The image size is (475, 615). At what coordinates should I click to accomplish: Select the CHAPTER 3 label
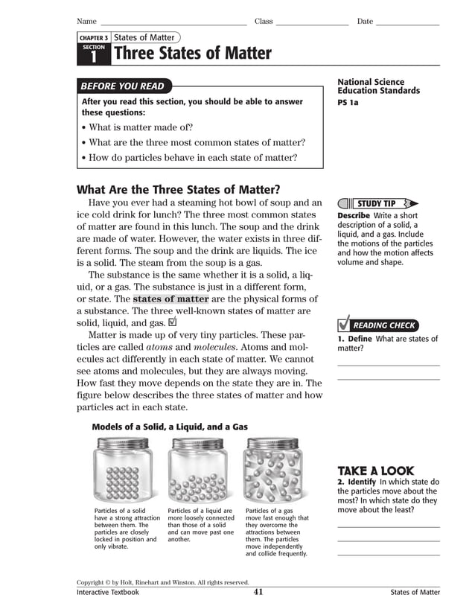pyautogui.click(x=94, y=37)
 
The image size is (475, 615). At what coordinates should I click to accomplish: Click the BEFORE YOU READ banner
pyautogui.click(x=123, y=86)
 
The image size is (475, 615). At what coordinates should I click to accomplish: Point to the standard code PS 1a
pyautogui.click(x=348, y=103)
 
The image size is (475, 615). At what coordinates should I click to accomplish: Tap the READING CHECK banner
pyautogui.click(x=377, y=325)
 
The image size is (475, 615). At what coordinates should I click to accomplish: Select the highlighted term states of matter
pyautogui.click(x=170, y=299)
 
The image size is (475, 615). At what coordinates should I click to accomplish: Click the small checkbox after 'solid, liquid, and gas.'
pyautogui.click(x=173, y=322)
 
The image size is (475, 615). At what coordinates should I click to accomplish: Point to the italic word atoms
pyautogui.click(x=159, y=347)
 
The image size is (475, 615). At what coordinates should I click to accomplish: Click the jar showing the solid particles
pyautogui.click(x=122, y=471)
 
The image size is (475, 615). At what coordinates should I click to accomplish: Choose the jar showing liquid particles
pyautogui.click(x=197, y=471)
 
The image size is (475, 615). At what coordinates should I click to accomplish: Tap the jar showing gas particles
pyautogui.click(x=272, y=471)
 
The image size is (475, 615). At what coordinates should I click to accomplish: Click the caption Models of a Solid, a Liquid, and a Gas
pyautogui.click(x=170, y=427)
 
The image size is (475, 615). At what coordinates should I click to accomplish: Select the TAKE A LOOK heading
pyautogui.click(x=375, y=471)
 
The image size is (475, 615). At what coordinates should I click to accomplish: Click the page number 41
pyautogui.click(x=258, y=592)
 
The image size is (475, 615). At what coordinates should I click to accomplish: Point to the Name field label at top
pyautogui.click(x=86, y=21)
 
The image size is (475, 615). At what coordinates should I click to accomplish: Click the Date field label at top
pyautogui.click(x=365, y=21)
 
